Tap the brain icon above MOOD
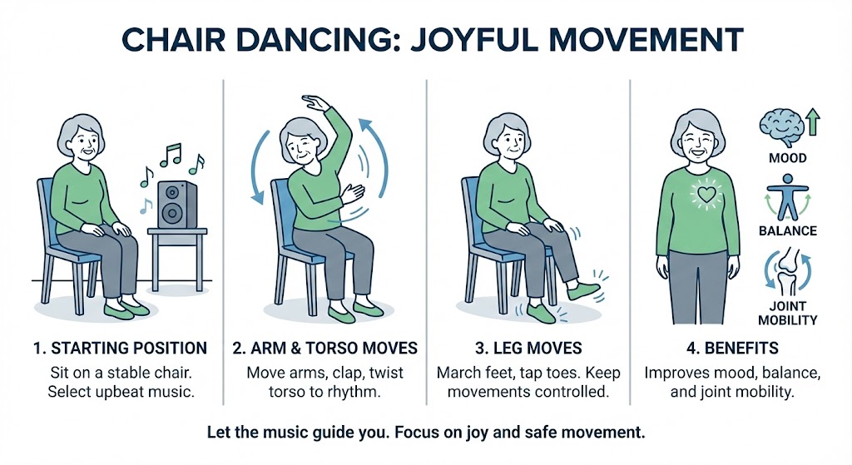click(779, 126)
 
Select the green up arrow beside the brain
click(812, 122)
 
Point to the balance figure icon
click(786, 197)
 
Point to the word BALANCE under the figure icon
click(786, 230)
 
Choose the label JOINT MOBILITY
click(787, 313)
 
